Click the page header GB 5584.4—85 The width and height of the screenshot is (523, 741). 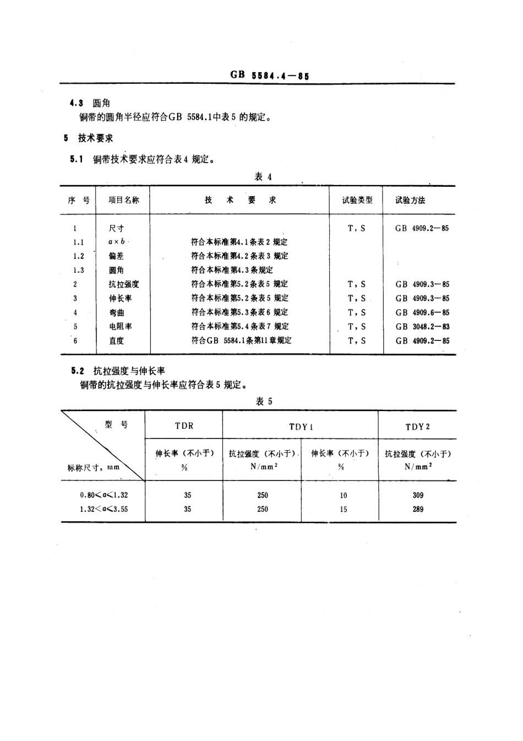[270, 75]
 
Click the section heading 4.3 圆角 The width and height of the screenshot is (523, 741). [90, 103]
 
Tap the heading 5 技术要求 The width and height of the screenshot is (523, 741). [88, 138]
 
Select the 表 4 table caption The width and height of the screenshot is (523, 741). [263, 177]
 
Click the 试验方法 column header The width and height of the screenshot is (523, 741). [410, 201]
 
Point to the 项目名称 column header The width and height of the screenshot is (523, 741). [123, 201]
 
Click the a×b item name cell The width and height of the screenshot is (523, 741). [117, 242]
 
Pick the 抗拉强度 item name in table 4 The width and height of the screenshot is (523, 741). [124, 284]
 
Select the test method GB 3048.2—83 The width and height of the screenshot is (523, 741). [422, 327]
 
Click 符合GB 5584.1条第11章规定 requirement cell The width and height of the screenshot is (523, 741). [241, 340]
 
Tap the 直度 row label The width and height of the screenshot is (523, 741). [117, 340]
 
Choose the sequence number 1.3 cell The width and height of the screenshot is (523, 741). [78, 271]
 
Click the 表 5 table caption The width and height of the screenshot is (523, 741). [264, 402]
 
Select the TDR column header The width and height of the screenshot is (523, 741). [184, 426]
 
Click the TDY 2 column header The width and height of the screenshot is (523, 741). [417, 426]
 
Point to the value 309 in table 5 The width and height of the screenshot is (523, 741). [418, 495]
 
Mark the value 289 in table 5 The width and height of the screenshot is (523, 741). [418, 509]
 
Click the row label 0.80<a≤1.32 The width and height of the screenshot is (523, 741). [103, 495]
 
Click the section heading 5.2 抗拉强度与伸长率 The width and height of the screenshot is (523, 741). [122, 371]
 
